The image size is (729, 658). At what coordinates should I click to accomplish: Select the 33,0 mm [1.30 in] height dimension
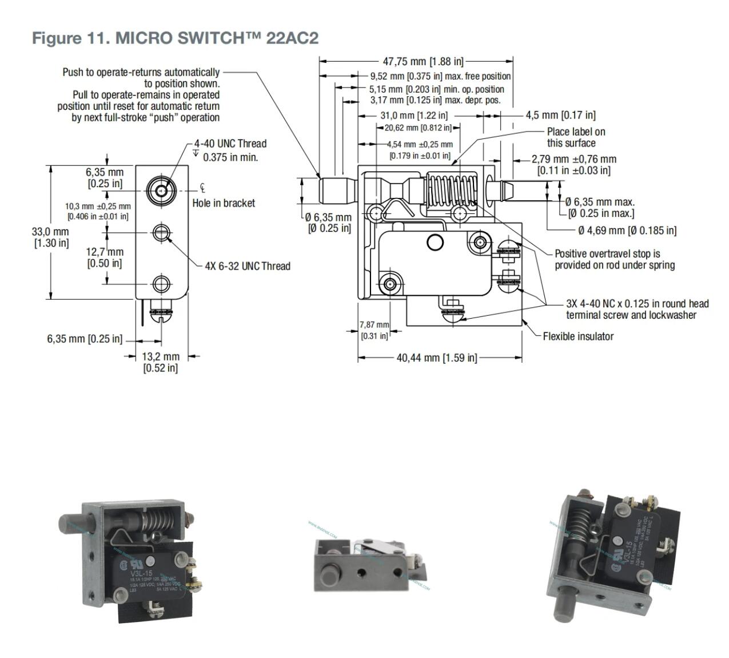tap(50, 237)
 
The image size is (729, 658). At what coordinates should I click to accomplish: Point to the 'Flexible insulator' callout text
tap(578, 336)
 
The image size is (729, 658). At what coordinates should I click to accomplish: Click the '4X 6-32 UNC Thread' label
tap(248, 266)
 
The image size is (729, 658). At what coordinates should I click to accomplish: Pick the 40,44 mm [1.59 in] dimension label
tap(436, 358)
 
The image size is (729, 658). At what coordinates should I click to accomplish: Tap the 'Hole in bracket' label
tap(224, 203)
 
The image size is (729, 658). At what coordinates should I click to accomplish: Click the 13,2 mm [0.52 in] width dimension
tap(161, 362)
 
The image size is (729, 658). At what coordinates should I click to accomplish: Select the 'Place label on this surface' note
tap(575, 137)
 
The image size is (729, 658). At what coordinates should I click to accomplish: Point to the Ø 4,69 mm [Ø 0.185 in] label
tap(627, 231)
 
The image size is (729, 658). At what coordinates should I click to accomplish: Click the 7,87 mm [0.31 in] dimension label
tap(374, 330)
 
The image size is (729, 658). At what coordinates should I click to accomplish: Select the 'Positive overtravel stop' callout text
tap(614, 259)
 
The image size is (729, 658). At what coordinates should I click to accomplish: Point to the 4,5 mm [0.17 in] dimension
tap(560, 115)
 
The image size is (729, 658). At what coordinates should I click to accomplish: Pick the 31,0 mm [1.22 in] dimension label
tap(414, 116)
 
